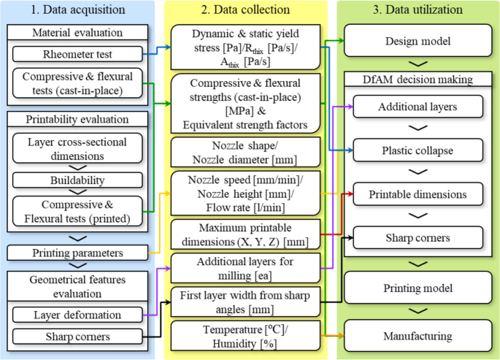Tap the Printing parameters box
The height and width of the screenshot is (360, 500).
(77, 253)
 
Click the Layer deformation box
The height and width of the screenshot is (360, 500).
(77, 315)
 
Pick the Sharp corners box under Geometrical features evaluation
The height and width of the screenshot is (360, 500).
(77, 337)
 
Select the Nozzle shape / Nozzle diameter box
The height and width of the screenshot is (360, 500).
(246, 152)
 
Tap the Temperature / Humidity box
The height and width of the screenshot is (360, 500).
(246, 334)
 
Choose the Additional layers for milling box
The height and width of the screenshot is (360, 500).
(246, 267)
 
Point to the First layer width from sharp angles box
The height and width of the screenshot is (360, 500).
(246, 301)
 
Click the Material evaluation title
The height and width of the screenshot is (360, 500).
(77, 33)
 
